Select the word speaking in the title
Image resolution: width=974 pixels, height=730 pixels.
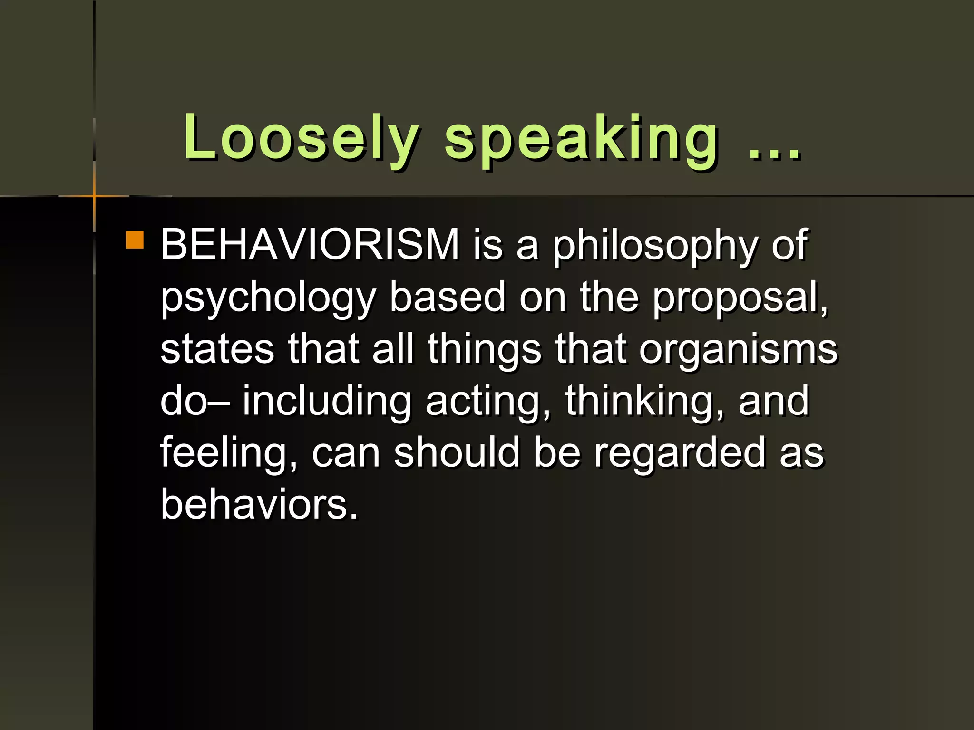click(x=581, y=139)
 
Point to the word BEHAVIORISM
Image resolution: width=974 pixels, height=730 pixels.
click(x=310, y=245)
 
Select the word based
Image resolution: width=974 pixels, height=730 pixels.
click(x=447, y=297)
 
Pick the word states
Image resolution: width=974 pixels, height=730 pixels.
click(x=217, y=349)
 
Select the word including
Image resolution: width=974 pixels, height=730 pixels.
click(x=327, y=402)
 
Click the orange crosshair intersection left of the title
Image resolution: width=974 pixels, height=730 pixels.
click(x=95, y=196)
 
